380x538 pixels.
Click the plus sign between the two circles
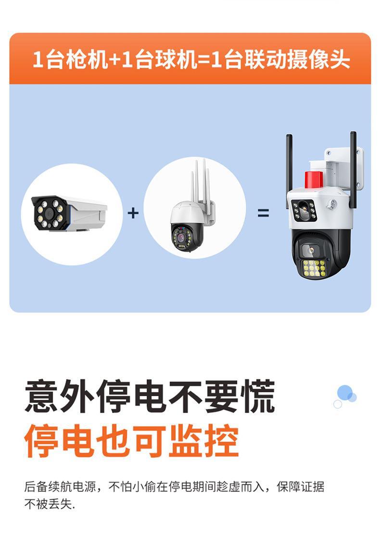pyautogui.click(x=133, y=213)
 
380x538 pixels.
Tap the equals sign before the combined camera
pyautogui.click(x=263, y=213)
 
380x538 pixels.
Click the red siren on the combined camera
pyautogui.click(x=315, y=179)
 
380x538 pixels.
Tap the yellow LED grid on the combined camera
pyautogui.click(x=314, y=268)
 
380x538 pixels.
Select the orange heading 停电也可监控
pyautogui.click(x=131, y=440)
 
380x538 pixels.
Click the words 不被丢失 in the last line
pyautogui.click(x=48, y=504)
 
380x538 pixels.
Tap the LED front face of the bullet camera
pyautogui.click(x=49, y=213)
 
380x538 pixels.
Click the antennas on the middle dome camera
pyautogui.click(x=200, y=180)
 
